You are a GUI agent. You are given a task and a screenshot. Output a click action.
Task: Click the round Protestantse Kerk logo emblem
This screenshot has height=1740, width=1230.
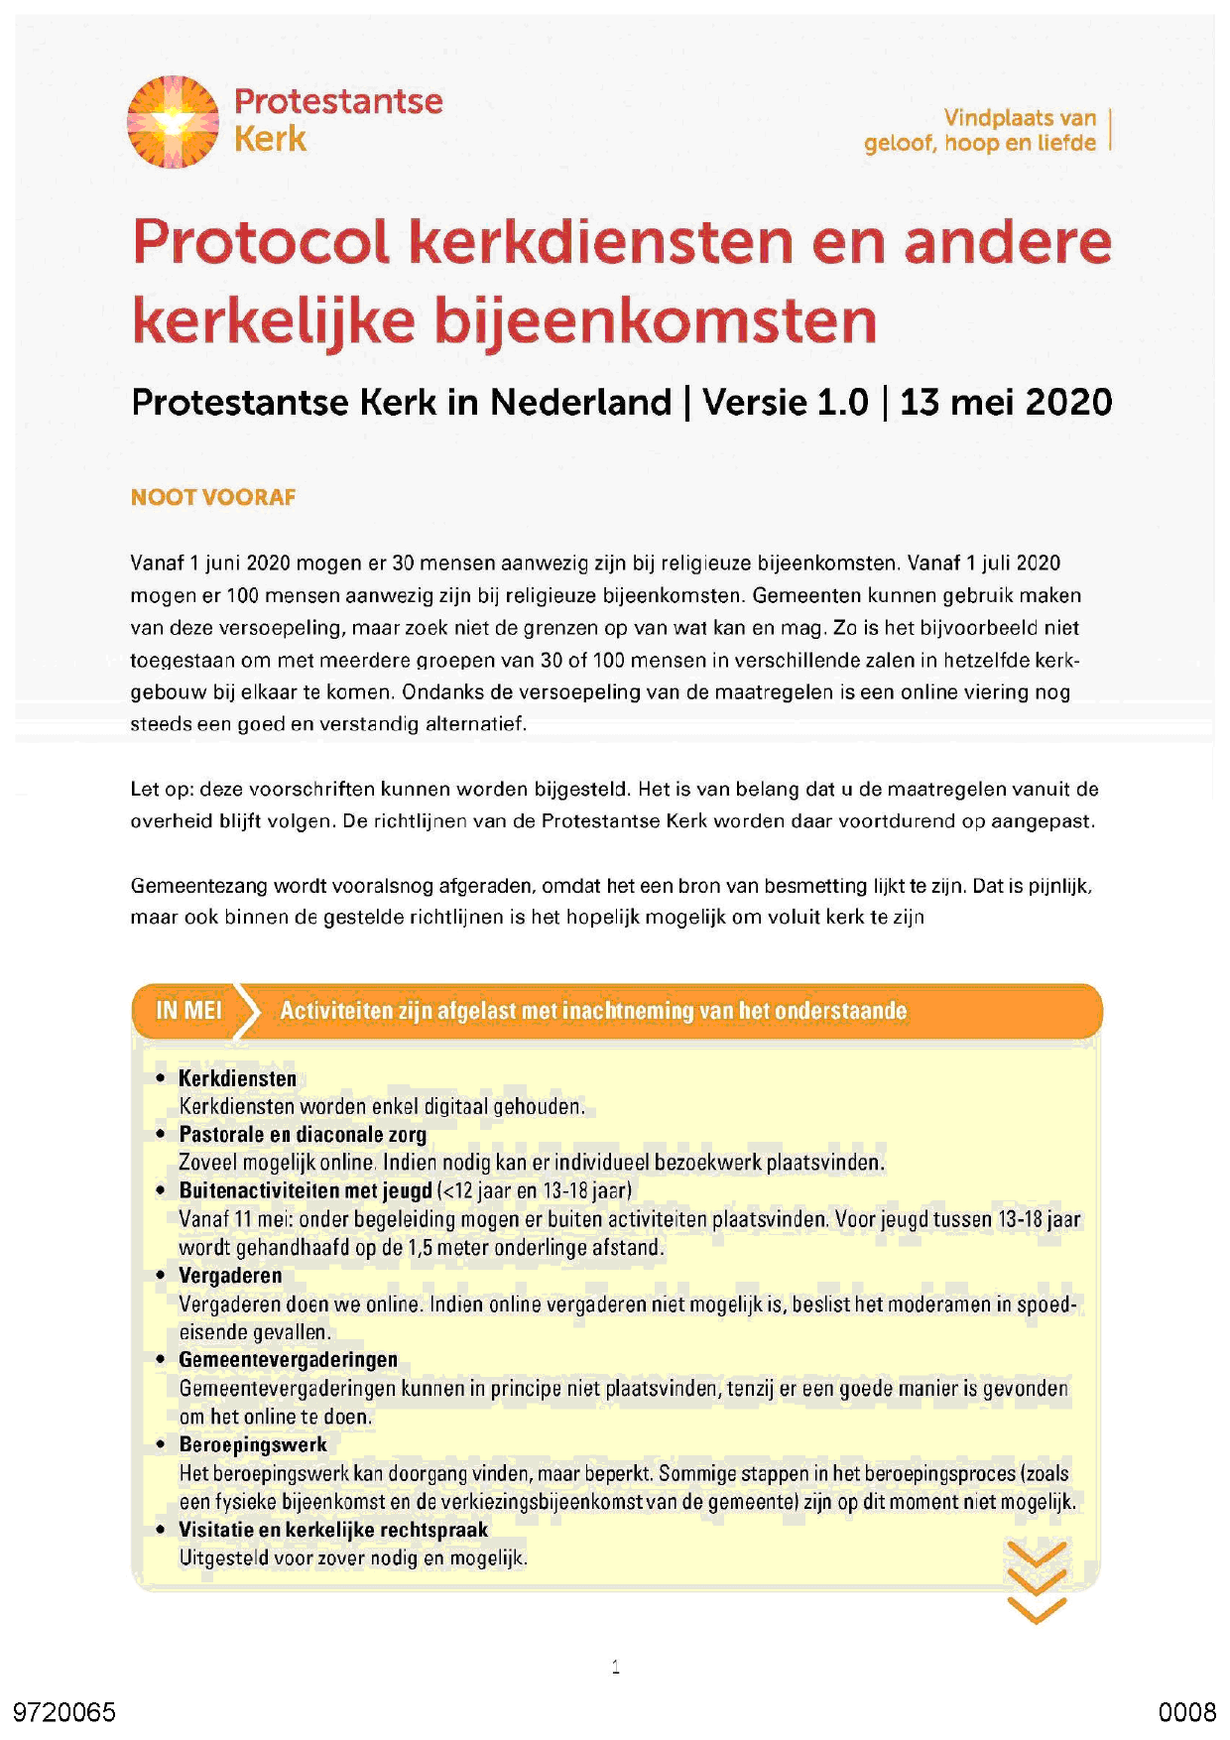(x=173, y=121)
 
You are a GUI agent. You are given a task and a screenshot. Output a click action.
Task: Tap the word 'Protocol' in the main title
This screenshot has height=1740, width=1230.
(x=260, y=242)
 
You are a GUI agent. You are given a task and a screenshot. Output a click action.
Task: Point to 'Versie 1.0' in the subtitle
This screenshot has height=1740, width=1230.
(x=785, y=403)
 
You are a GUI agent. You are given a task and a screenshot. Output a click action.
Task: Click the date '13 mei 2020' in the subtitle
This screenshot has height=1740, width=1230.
(x=1005, y=403)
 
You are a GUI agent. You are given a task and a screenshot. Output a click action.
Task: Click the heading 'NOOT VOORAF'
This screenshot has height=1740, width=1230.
(x=213, y=497)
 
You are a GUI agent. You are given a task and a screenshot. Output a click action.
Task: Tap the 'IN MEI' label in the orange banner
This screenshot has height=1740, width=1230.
(x=188, y=1011)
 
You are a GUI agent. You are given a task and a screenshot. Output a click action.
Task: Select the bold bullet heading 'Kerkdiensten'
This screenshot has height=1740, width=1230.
(x=237, y=1078)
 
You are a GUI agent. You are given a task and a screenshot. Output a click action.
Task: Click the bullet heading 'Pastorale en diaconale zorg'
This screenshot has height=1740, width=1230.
(x=303, y=1134)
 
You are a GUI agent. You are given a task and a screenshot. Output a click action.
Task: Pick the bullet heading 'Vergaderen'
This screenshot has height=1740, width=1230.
(x=230, y=1276)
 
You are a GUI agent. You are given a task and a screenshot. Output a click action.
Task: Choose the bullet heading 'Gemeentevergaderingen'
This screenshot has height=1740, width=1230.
(x=288, y=1360)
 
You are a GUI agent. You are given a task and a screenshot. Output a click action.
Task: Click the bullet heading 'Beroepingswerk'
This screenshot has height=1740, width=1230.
(x=253, y=1444)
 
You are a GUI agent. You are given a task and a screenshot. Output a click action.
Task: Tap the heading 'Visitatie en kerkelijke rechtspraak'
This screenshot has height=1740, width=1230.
(x=333, y=1530)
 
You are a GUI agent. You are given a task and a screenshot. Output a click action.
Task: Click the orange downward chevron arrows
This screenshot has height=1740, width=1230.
(x=1037, y=1581)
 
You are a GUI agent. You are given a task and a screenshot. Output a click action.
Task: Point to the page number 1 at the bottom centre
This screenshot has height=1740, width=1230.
(x=616, y=1667)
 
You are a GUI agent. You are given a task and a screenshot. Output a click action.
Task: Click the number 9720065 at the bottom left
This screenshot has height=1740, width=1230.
(x=64, y=1712)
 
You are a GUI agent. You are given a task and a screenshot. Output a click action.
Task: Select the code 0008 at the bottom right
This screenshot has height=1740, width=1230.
(x=1186, y=1712)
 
